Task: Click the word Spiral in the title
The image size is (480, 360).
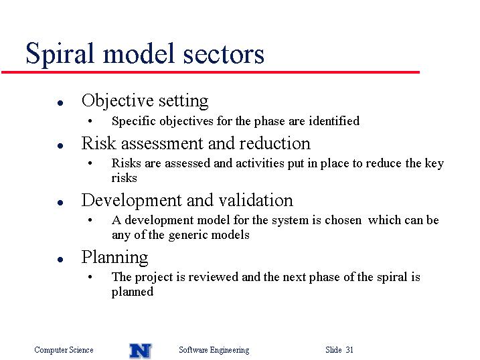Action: pyautogui.click(x=60, y=54)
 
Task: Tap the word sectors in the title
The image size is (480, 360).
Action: pyautogui.click(x=224, y=54)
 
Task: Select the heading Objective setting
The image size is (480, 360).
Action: pyautogui.click(x=145, y=100)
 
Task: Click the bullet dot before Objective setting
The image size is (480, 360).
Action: pyautogui.click(x=60, y=103)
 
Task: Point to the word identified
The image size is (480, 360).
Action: pyautogui.click(x=334, y=121)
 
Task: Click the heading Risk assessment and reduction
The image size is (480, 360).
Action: pyautogui.click(x=196, y=143)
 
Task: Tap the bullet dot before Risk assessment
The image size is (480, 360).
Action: pyautogui.click(x=60, y=146)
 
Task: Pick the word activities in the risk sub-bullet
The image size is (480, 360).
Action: pyautogui.click(x=260, y=163)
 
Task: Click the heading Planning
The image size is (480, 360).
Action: pyautogui.click(x=114, y=257)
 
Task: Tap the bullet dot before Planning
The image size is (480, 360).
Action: pyautogui.click(x=60, y=260)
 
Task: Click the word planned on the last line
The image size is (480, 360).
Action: pyautogui.click(x=133, y=292)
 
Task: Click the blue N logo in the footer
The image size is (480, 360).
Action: pyautogui.click(x=141, y=351)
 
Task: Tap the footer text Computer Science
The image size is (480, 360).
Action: pyautogui.click(x=64, y=350)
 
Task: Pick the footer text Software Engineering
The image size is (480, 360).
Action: pyautogui.click(x=214, y=350)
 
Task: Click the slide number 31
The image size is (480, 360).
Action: pyautogui.click(x=349, y=349)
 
